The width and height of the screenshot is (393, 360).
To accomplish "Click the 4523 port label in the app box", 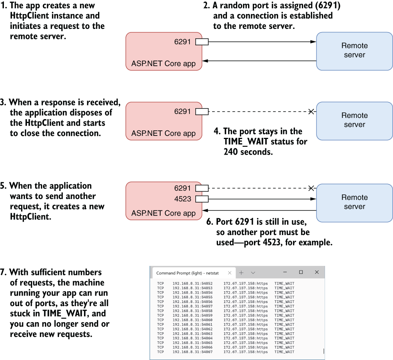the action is [183, 199].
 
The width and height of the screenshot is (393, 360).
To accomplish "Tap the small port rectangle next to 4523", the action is [202, 199].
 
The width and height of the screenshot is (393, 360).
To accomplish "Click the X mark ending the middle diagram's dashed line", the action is [311, 112].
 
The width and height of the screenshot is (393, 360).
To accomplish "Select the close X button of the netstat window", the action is [317, 272].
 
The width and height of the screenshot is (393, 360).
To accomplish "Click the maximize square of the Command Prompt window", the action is [301, 272].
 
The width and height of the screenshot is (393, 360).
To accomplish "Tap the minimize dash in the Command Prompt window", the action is [285, 272].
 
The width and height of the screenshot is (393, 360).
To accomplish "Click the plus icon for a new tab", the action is [241, 273].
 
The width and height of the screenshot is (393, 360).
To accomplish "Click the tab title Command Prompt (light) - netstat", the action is [188, 273].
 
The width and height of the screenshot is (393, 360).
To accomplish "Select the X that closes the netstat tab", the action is [230, 273].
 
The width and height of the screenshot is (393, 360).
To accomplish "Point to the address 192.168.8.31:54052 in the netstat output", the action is [193, 283].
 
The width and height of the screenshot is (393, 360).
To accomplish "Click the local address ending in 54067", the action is [193, 352].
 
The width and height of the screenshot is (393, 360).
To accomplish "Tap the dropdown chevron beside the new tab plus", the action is [253, 273].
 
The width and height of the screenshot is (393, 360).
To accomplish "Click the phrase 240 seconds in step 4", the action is [248, 152].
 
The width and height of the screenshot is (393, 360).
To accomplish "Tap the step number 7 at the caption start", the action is [3, 272].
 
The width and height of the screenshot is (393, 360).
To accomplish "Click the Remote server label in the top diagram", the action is [355, 50].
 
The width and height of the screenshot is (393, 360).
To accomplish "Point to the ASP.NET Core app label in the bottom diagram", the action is [163, 213].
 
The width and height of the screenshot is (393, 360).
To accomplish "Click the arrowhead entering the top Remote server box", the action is [313, 42].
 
